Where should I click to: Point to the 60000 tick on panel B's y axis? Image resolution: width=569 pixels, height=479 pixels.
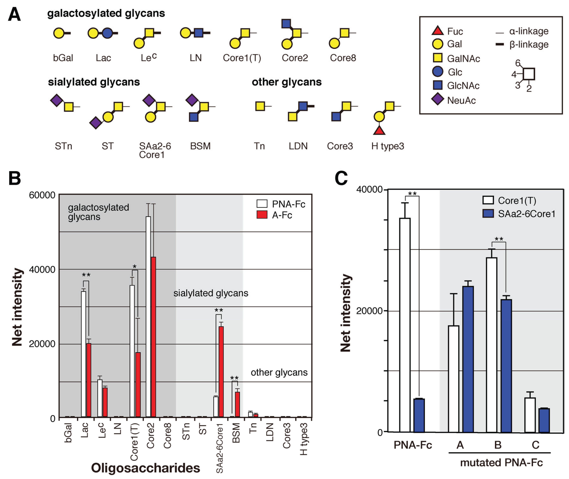coord(42,195)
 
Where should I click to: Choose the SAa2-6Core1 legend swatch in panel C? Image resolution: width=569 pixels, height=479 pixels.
coord(488,213)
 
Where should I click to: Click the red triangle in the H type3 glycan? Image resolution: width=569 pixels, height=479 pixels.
coord(379,131)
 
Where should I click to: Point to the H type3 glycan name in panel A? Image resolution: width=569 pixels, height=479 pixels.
coord(387,146)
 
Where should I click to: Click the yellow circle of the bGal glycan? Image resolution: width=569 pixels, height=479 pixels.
coord(59,33)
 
